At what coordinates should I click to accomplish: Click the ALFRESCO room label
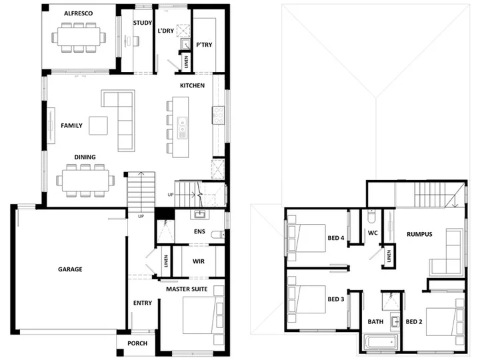point(79,13)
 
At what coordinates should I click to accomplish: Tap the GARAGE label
point(70,269)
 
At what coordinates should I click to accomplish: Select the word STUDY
point(143,23)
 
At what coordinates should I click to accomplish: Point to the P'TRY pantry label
point(204,45)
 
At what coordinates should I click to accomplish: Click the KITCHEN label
point(192,85)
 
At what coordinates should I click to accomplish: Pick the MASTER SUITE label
point(187,289)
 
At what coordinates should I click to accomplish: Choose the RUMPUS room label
point(419,234)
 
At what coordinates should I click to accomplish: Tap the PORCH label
point(137,343)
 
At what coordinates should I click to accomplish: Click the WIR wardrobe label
point(199,261)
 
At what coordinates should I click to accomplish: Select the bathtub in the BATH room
point(381,341)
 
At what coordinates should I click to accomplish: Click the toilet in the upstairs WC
point(371,216)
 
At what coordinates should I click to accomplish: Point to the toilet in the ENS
point(217,235)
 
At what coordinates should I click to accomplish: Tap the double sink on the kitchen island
point(183,127)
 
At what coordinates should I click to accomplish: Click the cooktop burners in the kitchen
point(219,115)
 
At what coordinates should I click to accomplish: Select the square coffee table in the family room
point(98,125)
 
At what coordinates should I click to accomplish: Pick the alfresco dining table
point(79,37)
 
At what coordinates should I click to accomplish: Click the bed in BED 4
point(307,238)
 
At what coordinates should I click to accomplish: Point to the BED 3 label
point(336,299)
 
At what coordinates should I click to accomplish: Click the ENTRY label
point(143,303)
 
